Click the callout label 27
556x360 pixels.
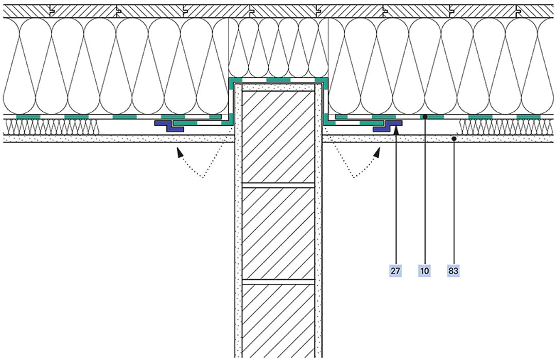395,270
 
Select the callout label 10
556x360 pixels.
425,270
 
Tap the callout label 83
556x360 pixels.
453,270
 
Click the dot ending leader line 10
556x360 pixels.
425,117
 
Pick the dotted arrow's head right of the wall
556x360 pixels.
378,151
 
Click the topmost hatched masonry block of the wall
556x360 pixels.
279,136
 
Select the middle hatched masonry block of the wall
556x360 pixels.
279,232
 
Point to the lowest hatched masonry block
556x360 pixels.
279,319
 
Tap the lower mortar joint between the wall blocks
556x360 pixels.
279,282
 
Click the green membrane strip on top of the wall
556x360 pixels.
279,81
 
